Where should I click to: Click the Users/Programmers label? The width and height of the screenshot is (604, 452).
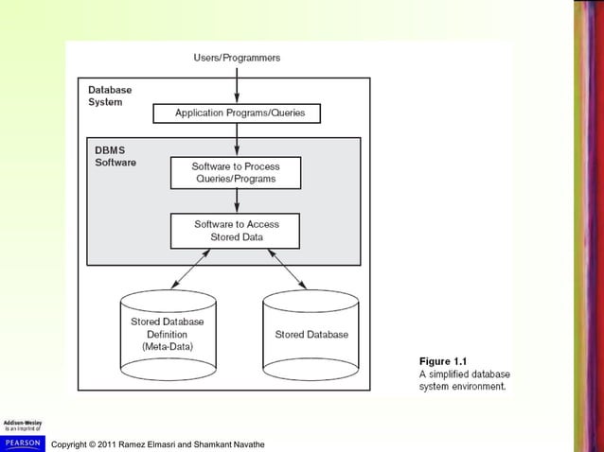237,58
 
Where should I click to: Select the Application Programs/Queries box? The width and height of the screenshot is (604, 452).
237,113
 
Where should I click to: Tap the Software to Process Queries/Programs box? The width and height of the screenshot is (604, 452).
236,173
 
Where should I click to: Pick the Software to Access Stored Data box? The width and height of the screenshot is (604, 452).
235,231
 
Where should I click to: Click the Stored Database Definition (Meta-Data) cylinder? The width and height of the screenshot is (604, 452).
168,336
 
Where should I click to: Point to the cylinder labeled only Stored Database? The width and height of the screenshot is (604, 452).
311,336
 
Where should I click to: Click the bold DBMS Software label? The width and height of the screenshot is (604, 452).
115,156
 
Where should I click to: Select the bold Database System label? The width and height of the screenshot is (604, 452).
110,96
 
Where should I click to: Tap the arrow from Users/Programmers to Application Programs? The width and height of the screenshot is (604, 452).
237,86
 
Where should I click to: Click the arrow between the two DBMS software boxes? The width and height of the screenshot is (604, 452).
237,200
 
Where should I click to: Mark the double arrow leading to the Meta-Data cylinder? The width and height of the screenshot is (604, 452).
190,269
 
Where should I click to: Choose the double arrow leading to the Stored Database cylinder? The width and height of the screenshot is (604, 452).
287,269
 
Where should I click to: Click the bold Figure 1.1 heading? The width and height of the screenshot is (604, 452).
443,361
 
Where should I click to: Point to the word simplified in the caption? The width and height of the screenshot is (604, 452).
449,374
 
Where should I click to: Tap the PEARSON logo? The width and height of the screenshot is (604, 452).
23,443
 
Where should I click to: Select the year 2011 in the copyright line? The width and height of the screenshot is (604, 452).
107,444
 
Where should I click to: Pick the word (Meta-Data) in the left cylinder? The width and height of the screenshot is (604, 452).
168,347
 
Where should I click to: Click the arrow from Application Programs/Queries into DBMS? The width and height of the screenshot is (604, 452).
237,140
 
